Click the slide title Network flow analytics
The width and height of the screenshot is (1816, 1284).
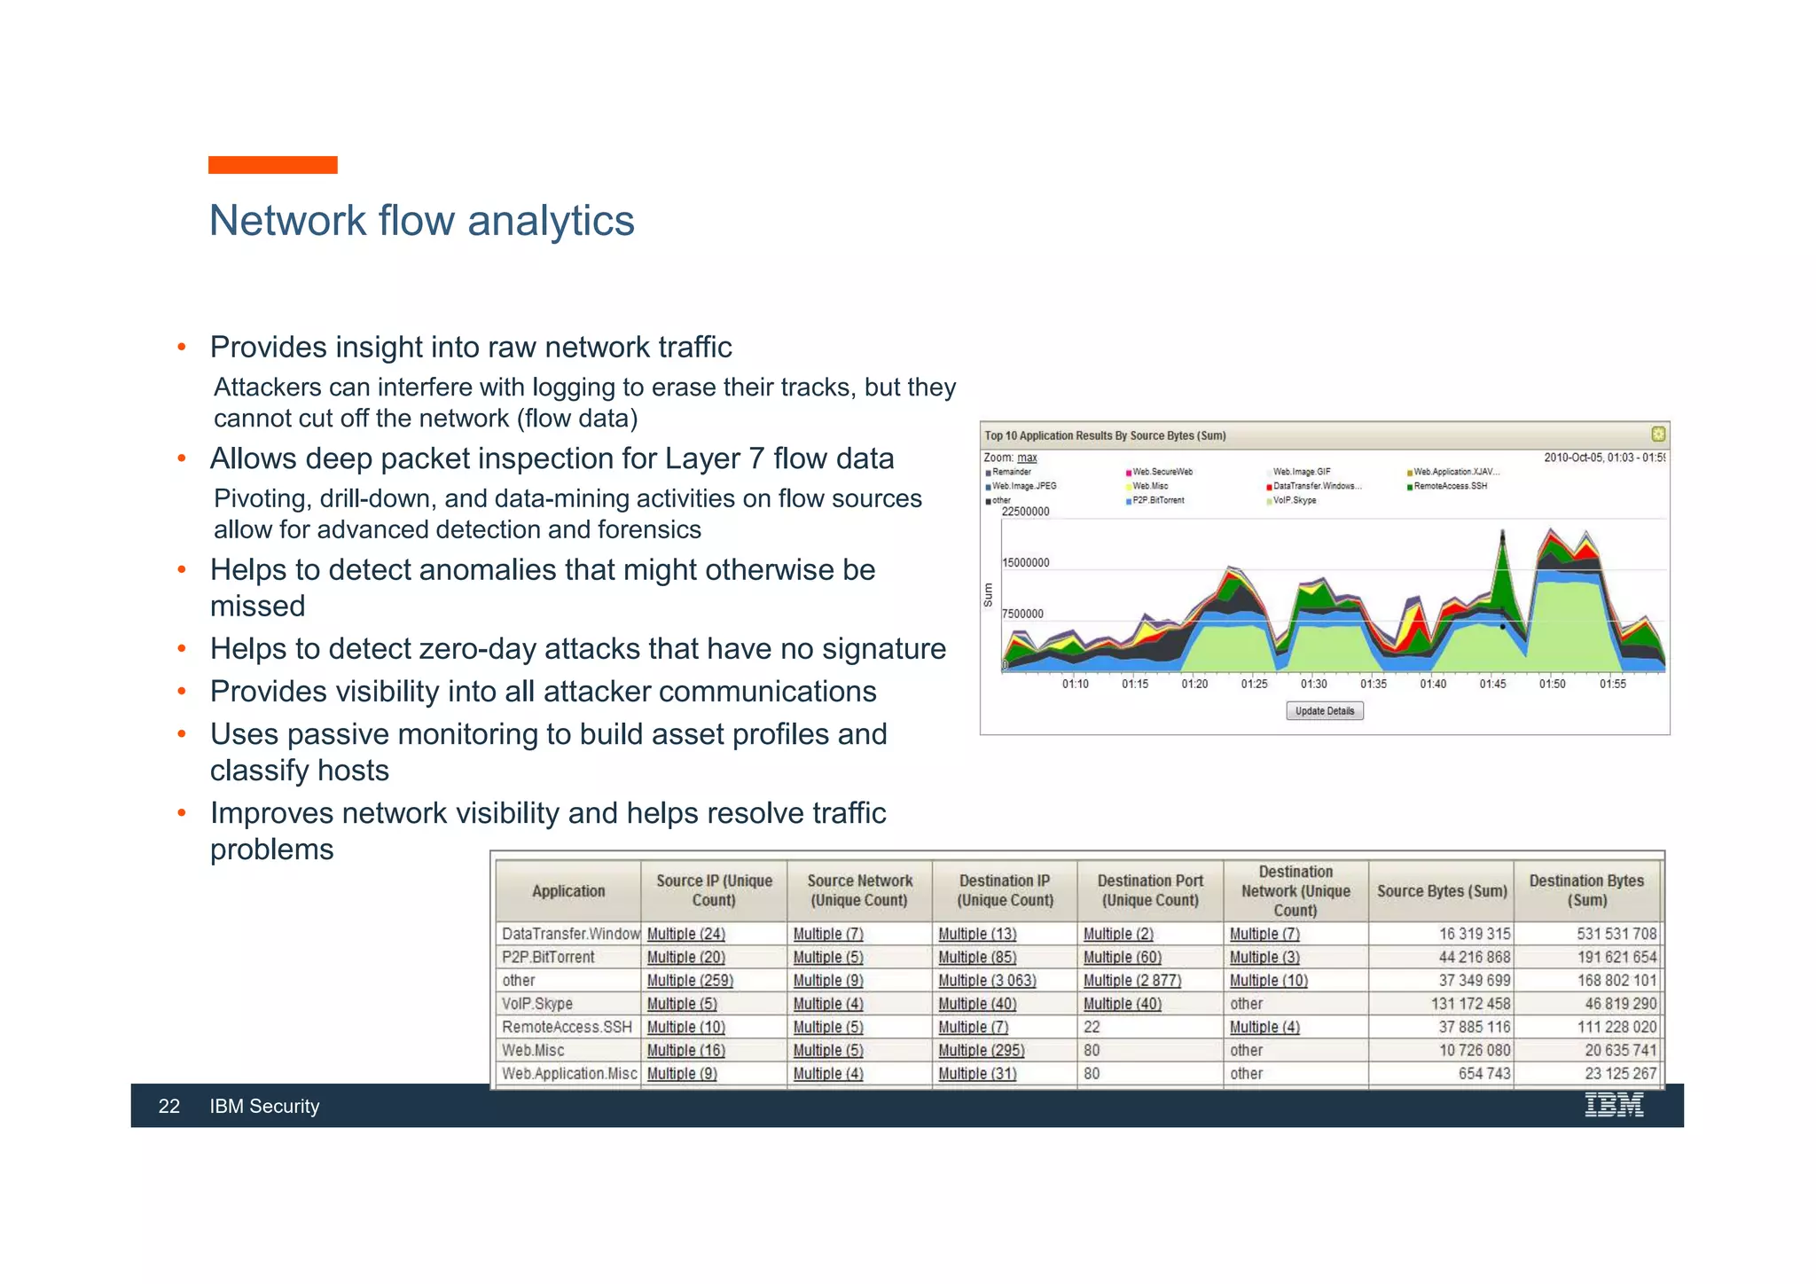[x=421, y=221]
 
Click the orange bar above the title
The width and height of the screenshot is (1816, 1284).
[x=272, y=165]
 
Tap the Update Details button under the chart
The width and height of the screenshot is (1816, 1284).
[x=1324, y=711]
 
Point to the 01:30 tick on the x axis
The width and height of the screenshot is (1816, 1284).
[x=1313, y=684]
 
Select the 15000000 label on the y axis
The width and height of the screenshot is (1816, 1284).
[x=1025, y=563]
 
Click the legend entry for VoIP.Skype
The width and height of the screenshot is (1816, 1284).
[x=1294, y=501]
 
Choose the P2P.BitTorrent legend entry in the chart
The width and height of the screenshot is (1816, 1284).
[x=1157, y=501]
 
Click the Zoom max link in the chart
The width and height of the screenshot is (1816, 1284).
[x=1027, y=458]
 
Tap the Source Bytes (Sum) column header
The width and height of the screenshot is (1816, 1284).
[x=1441, y=891]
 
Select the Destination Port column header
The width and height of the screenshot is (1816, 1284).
[x=1150, y=890]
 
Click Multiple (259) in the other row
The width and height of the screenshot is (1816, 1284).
[x=689, y=981]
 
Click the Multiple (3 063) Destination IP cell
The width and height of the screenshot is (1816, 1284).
[x=986, y=981]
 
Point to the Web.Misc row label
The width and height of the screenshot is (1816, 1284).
[x=533, y=1051]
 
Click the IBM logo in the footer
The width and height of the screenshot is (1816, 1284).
[x=1613, y=1106]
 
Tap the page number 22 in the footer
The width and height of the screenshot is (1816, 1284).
[x=168, y=1107]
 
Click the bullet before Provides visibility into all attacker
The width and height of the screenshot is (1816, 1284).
[x=182, y=692]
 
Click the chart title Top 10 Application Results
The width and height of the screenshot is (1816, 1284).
[x=1105, y=436]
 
